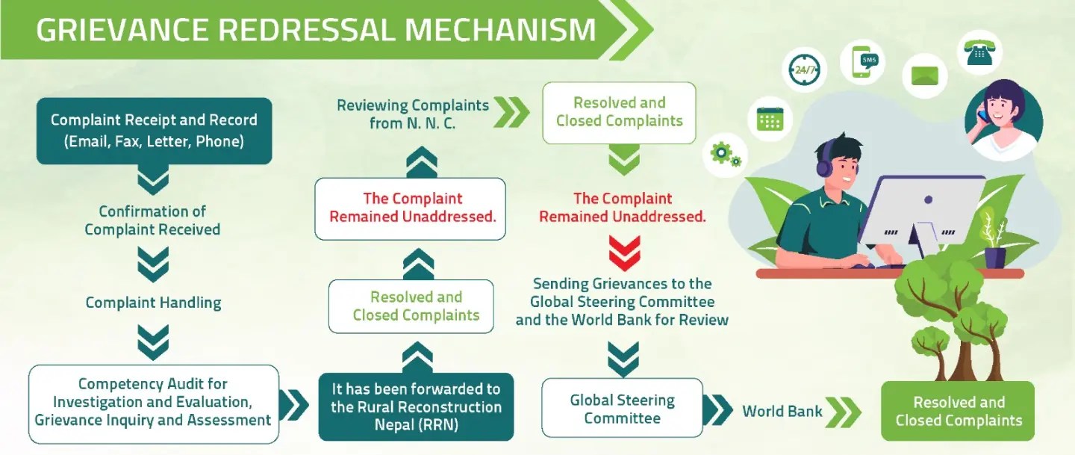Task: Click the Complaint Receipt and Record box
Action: pos(154,131)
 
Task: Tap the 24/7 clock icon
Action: pos(806,69)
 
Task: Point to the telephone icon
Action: pos(979,52)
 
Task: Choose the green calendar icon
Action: pos(770,119)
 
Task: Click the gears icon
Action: pos(726,155)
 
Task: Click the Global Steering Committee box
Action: pos(622,408)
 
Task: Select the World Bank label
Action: pos(782,411)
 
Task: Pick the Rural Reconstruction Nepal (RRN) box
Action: pos(416,407)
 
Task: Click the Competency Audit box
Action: pos(153,403)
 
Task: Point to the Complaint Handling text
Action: pos(153,303)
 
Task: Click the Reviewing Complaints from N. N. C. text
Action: pos(412,114)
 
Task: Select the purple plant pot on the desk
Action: pos(994,256)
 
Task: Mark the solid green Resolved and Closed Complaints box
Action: pos(959,411)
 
